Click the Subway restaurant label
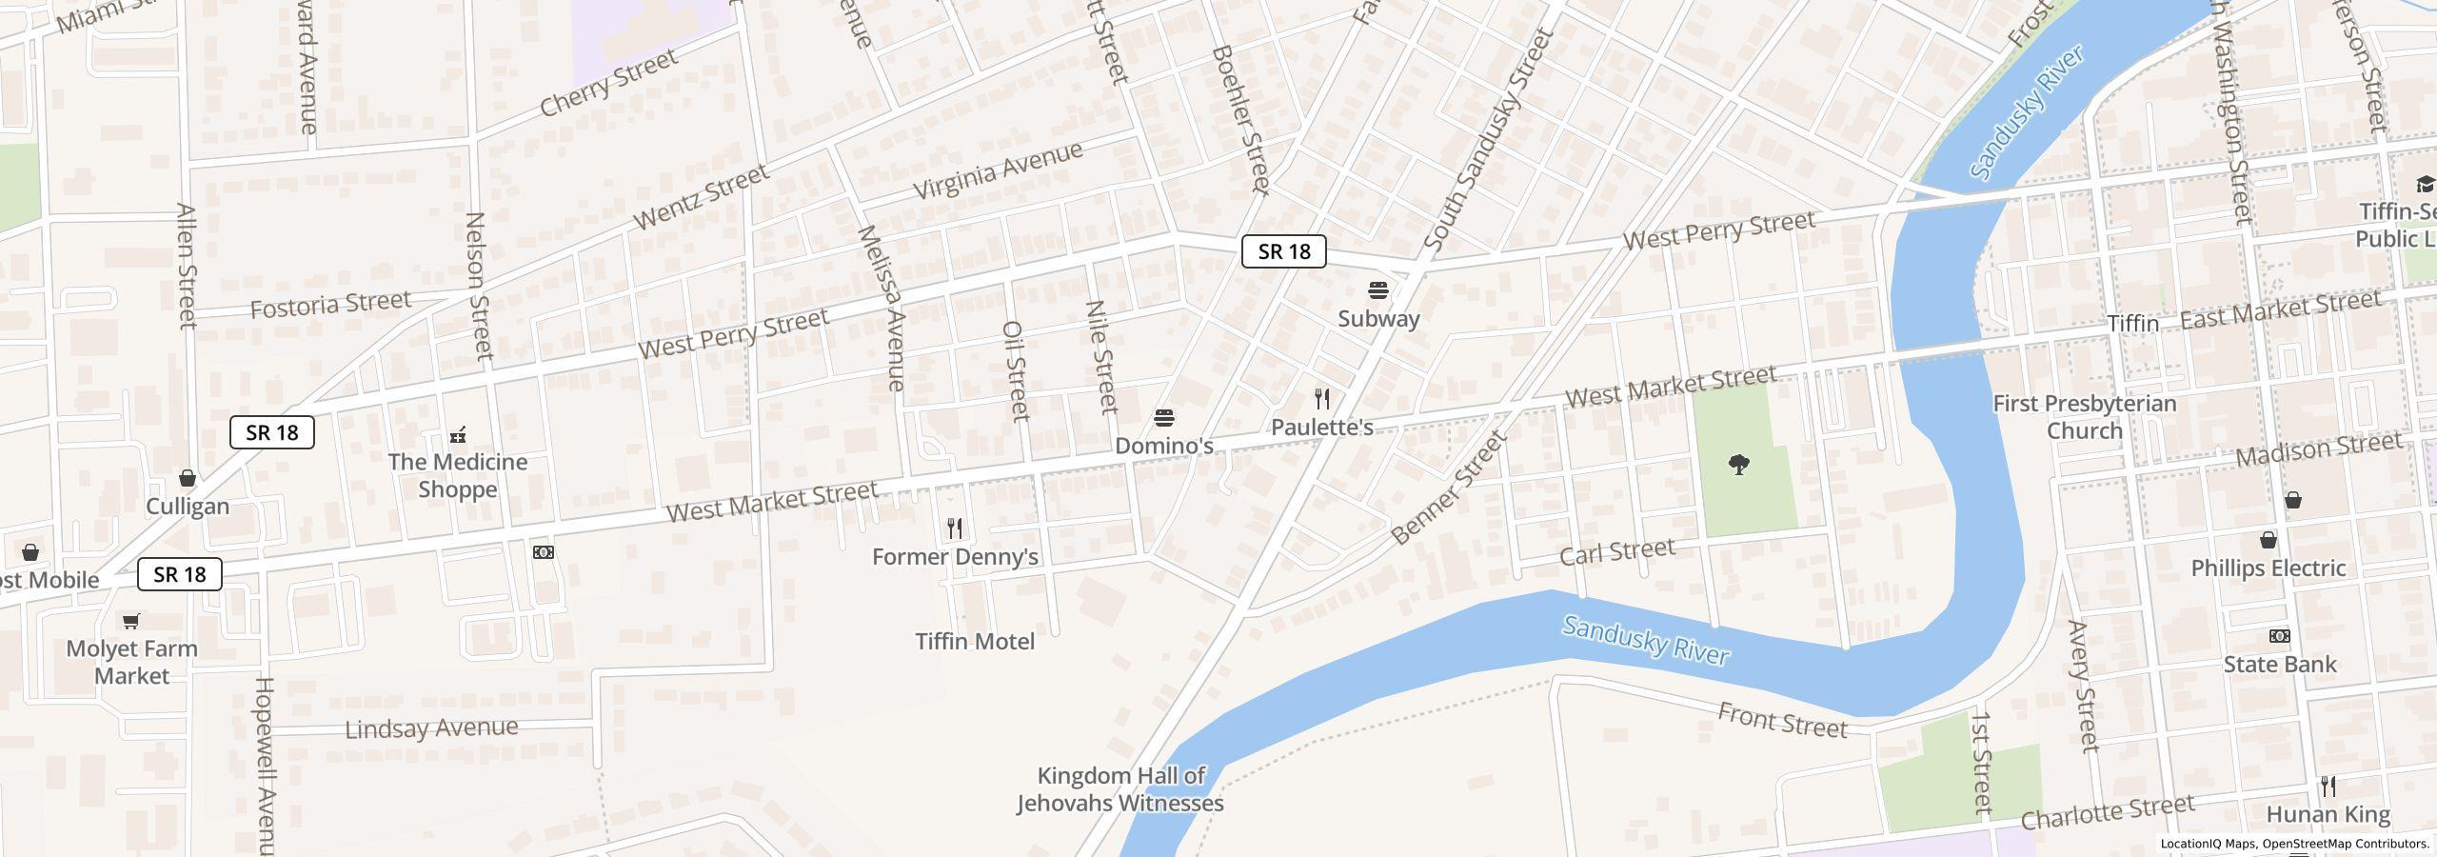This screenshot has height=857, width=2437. click(x=1378, y=319)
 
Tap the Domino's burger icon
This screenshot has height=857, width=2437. click(x=1163, y=418)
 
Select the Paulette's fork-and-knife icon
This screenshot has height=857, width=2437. click(x=1322, y=399)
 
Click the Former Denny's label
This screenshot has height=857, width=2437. click(x=955, y=557)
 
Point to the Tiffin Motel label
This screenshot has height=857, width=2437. click(x=975, y=642)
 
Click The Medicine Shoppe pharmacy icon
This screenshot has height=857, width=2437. click(x=458, y=435)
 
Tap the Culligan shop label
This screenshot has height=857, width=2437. click(x=188, y=506)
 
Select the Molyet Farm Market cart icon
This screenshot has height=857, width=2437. click(x=131, y=622)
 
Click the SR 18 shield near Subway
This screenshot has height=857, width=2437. click(x=1284, y=251)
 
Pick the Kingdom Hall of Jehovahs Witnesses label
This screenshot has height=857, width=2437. click(x=1120, y=789)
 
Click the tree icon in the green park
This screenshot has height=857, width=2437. click(x=1739, y=465)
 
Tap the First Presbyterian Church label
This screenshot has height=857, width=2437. click(x=2085, y=417)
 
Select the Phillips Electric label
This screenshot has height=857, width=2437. click(x=2269, y=568)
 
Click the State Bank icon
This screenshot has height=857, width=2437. click(x=2280, y=636)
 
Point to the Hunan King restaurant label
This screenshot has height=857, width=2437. click(x=2328, y=815)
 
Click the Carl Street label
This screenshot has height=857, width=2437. click(x=1617, y=551)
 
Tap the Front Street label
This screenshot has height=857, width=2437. click(x=1783, y=721)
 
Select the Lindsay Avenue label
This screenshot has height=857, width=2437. click(x=431, y=729)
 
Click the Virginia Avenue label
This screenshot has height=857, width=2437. click(x=998, y=169)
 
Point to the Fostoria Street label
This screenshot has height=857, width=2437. click(x=330, y=305)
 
